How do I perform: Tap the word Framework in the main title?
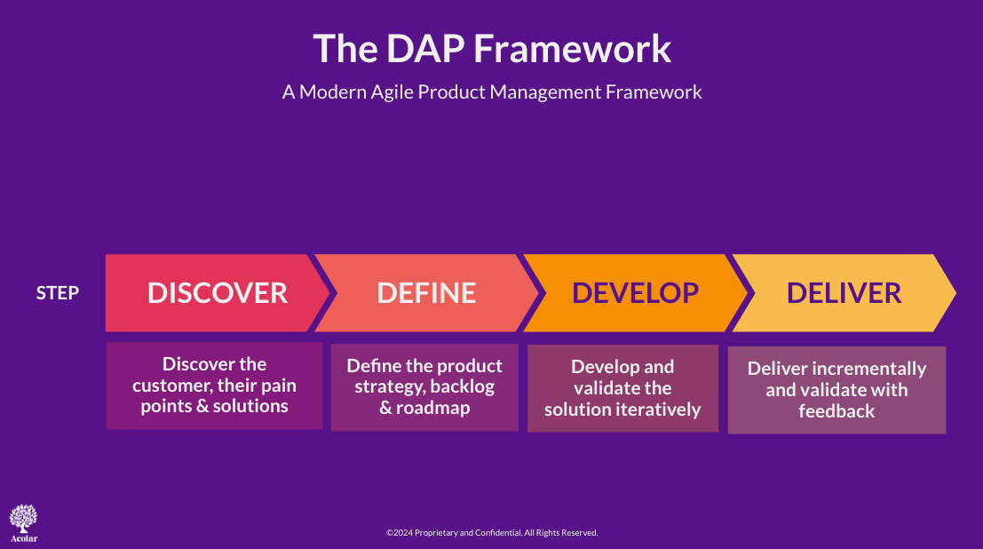[573, 48]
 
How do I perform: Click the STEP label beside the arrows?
[58, 293]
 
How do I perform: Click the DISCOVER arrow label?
[218, 293]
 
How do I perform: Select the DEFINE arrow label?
[426, 293]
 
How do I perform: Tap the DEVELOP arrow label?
[635, 293]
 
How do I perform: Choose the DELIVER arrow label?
[844, 293]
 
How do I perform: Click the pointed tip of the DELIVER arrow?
[955, 293]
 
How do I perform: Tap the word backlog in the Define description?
[463, 386]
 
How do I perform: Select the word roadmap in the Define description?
[433, 408]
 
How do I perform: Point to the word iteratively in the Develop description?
[662, 409]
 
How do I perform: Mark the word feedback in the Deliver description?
[837, 411]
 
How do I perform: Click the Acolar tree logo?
[23, 522]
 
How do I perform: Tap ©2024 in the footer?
[400, 533]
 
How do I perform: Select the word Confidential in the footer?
[498, 533]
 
